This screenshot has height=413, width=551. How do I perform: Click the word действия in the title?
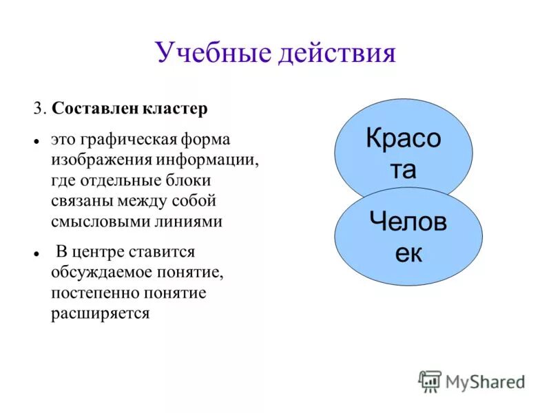[337, 52]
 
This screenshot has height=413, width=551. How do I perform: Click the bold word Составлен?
[96, 109]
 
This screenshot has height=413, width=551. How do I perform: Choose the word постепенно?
[94, 293]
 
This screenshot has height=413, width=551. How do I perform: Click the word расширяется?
[100, 314]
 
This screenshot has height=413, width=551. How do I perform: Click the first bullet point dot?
[34, 140]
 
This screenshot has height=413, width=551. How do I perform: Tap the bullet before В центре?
[34, 253]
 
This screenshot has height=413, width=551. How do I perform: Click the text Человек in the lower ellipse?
[408, 236]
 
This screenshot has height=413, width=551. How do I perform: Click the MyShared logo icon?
[430, 381]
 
